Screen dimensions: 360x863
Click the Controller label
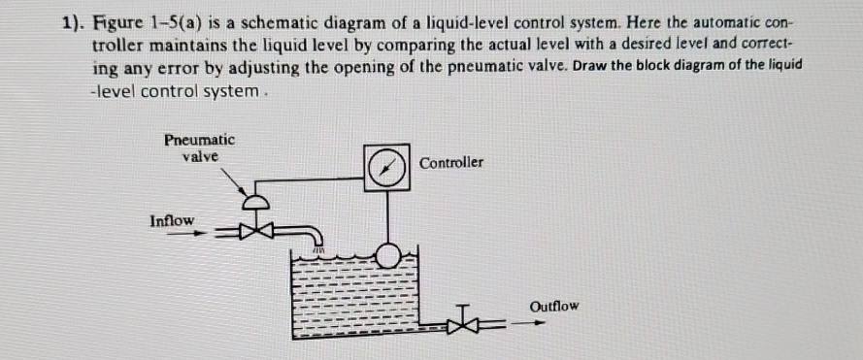[450, 163]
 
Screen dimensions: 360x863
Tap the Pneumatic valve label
[200, 147]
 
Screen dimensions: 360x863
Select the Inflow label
[172, 220]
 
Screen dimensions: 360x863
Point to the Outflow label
[555, 306]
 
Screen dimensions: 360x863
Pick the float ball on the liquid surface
[388, 255]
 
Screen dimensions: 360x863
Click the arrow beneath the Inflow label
[181, 234]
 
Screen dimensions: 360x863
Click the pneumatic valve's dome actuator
[256, 203]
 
